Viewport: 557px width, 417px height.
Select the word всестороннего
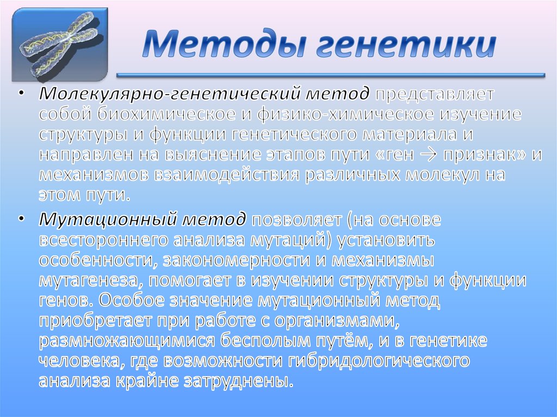[x=104, y=240]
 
